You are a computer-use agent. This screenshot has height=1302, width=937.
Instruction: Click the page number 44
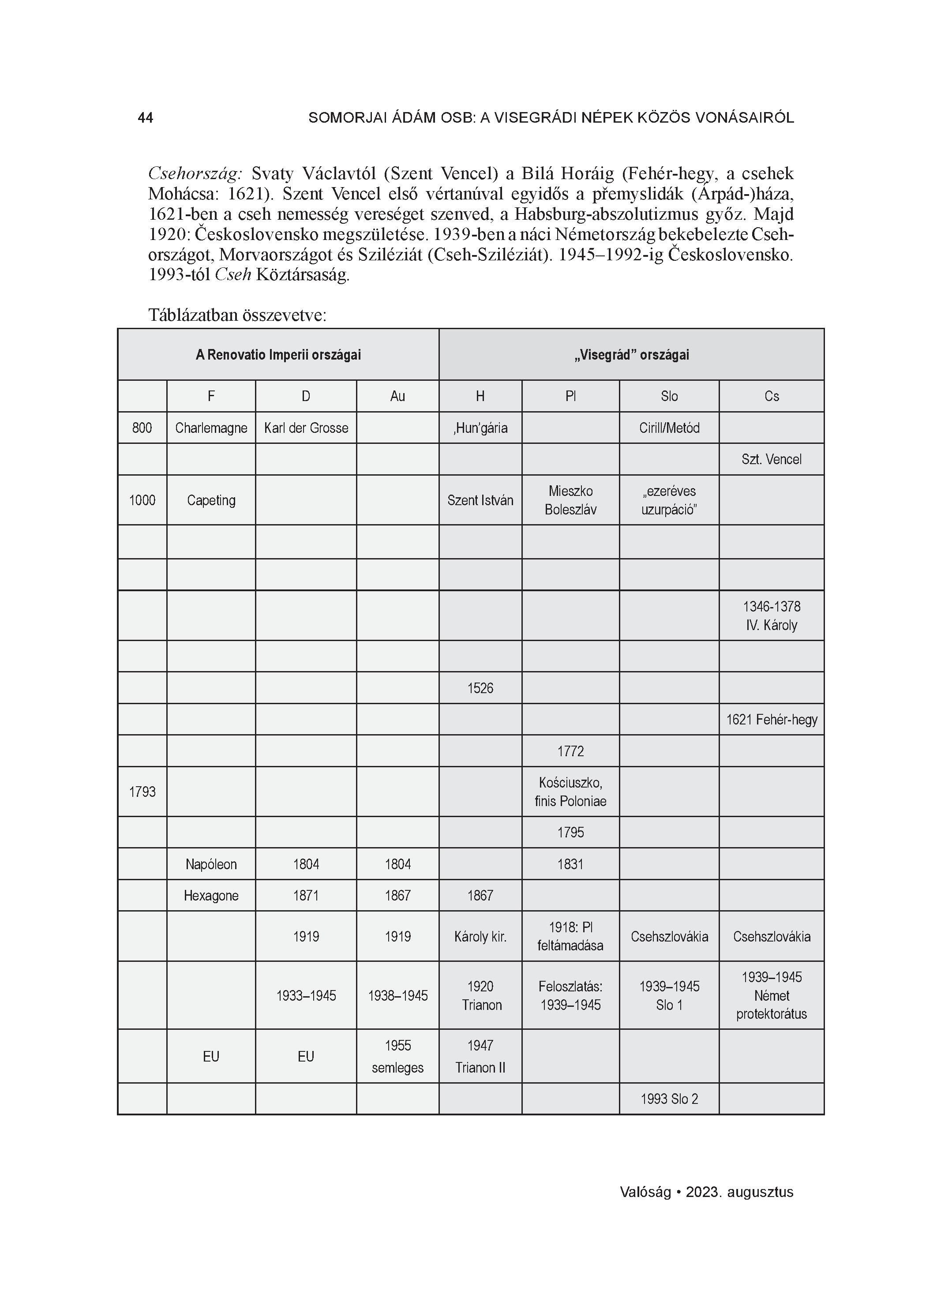tap(145, 118)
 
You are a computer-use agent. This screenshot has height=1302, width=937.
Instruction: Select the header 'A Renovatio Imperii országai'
tap(278, 355)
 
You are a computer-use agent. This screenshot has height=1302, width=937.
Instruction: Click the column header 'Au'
tap(397, 396)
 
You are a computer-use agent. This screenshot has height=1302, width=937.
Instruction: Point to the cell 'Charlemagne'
tap(211, 428)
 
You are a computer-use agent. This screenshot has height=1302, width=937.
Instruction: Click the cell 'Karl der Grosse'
tap(306, 428)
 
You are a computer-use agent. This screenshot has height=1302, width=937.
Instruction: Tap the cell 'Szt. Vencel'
tap(771, 459)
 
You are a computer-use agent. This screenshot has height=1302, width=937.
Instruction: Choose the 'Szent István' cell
tap(480, 500)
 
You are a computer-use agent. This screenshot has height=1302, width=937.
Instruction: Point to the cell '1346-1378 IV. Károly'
tap(771, 615)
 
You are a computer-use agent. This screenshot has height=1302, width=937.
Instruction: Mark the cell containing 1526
tap(480, 688)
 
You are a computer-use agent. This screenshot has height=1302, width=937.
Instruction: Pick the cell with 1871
tap(306, 896)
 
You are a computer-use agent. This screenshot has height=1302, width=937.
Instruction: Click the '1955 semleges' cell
tap(397, 1056)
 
